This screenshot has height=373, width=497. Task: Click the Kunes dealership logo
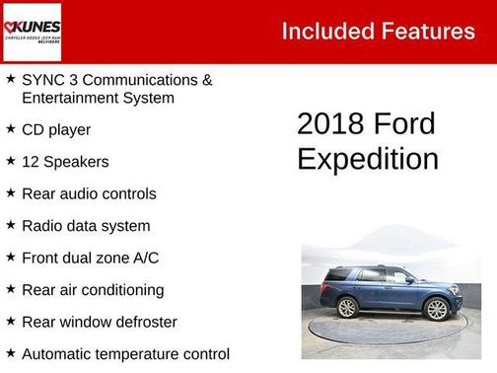coord(33,32)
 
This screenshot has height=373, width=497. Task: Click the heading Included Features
coord(378,31)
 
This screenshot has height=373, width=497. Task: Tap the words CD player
coord(56,129)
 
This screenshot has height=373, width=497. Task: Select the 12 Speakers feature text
coord(65,162)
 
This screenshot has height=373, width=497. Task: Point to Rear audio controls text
coord(89,193)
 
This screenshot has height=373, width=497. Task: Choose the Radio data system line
coord(86,226)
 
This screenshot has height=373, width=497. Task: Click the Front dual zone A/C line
coord(90,258)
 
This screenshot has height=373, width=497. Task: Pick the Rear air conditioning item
coord(93,290)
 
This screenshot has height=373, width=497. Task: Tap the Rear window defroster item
coord(99,322)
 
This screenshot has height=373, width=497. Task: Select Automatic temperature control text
coord(125,353)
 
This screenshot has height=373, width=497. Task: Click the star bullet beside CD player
coord(10,128)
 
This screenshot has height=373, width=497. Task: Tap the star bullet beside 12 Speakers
coord(10,161)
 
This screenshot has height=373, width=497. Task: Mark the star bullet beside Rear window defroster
coord(10,321)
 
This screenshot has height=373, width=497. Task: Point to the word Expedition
coord(367,159)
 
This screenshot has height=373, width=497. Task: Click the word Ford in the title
coord(404,124)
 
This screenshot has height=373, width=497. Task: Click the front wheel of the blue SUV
coord(435,309)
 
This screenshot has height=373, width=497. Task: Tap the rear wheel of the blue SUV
coord(348,307)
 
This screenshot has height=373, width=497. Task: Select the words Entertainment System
coord(98,98)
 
